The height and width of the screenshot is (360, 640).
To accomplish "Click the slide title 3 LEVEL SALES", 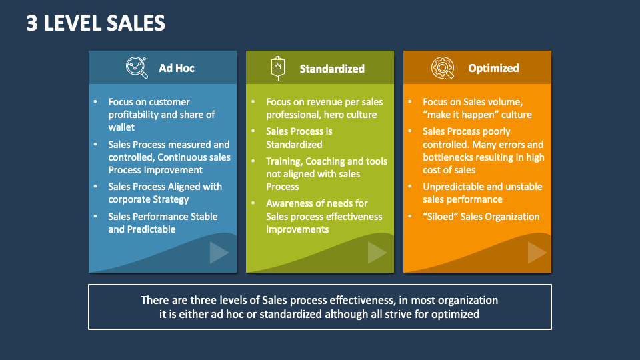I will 95,23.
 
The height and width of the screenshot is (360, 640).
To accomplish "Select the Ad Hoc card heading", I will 177,68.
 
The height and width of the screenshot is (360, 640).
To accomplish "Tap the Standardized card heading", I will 332,68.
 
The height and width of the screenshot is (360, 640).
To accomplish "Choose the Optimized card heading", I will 493,68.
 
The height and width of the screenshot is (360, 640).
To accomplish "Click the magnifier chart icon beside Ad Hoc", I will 137,67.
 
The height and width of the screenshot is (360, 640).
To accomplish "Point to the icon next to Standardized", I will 277,67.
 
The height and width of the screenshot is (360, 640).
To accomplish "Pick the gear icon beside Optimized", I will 442,67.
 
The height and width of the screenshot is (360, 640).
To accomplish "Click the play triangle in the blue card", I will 219,253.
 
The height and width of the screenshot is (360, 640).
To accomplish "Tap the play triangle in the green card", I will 377,253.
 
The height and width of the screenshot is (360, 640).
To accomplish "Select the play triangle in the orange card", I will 537,253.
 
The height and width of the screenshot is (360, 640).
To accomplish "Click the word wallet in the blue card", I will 121,127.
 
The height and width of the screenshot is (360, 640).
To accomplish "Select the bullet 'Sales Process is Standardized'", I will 299,138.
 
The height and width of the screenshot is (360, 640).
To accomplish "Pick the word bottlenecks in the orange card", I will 449,157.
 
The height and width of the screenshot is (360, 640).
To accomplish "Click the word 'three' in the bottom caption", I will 196,300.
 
